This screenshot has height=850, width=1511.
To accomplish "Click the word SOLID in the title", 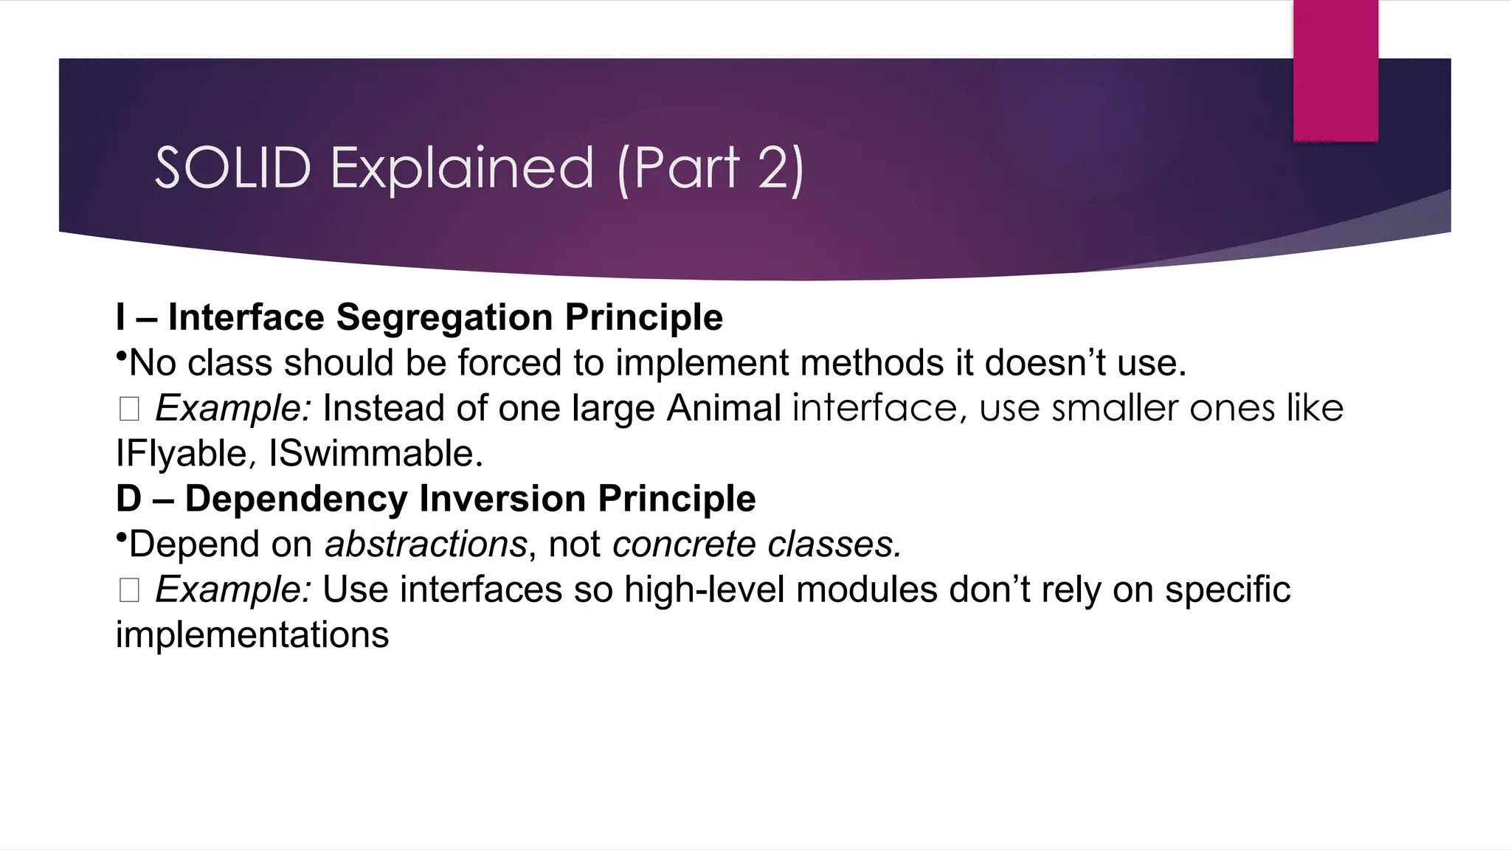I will click(232, 168).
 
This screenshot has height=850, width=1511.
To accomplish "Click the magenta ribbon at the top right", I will click(1335, 71).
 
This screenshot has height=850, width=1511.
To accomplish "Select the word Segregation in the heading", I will click(444, 318).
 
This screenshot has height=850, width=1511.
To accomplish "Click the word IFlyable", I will click(181, 454).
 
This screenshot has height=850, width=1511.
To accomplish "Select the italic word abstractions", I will click(426, 545).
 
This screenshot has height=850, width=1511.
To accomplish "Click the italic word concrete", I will click(684, 545).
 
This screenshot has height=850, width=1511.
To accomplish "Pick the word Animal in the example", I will click(724, 409).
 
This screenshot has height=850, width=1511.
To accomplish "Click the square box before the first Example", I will click(129, 409).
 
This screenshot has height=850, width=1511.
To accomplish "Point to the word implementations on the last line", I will click(252, 635).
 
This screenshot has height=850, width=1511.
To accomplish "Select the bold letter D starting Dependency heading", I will click(128, 499).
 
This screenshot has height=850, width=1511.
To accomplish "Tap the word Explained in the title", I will click(462, 168).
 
